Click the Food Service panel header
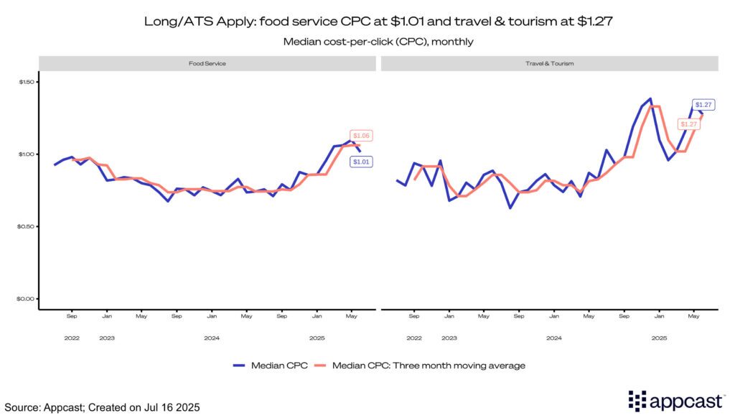(207, 63)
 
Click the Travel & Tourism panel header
(549, 63)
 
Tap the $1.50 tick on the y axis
(27, 82)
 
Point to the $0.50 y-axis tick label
(27, 226)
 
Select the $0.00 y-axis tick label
(27, 299)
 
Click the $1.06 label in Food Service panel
(361, 136)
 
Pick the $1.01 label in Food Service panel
(361, 162)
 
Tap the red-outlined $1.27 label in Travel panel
(689, 124)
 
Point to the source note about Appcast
(101, 407)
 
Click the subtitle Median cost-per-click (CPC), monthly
(367, 42)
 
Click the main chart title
(367, 22)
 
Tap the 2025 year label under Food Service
(317, 338)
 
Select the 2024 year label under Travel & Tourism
(553, 338)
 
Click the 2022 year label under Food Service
(72, 338)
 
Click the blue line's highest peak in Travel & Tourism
(650, 99)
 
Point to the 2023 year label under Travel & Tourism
(449, 338)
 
